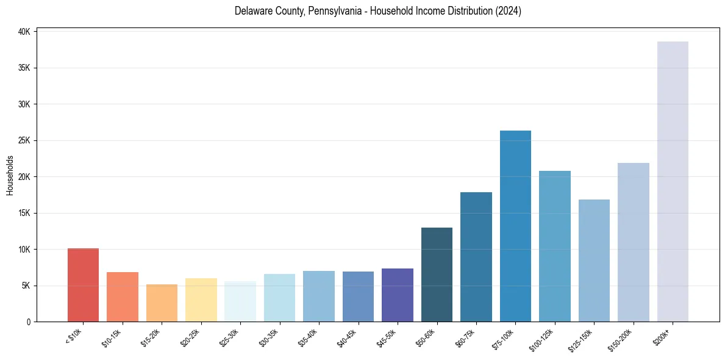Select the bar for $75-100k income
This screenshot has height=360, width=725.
click(x=515, y=226)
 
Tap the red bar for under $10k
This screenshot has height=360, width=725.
click(x=83, y=285)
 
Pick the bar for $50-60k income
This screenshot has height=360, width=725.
click(x=437, y=275)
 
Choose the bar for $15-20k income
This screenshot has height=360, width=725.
click(x=162, y=303)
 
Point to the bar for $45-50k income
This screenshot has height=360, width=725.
click(x=398, y=295)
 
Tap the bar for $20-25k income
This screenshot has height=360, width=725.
click(x=201, y=300)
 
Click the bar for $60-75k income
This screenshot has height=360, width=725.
click(x=476, y=257)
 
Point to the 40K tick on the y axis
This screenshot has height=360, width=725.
click(x=25, y=32)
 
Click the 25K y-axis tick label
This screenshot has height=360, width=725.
click(x=25, y=140)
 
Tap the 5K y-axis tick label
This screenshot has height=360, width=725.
click(x=27, y=286)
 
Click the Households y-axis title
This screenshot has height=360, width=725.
click(x=10, y=176)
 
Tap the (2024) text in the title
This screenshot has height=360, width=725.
click(x=509, y=11)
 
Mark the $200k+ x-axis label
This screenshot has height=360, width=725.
click(x=666, y=335)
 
